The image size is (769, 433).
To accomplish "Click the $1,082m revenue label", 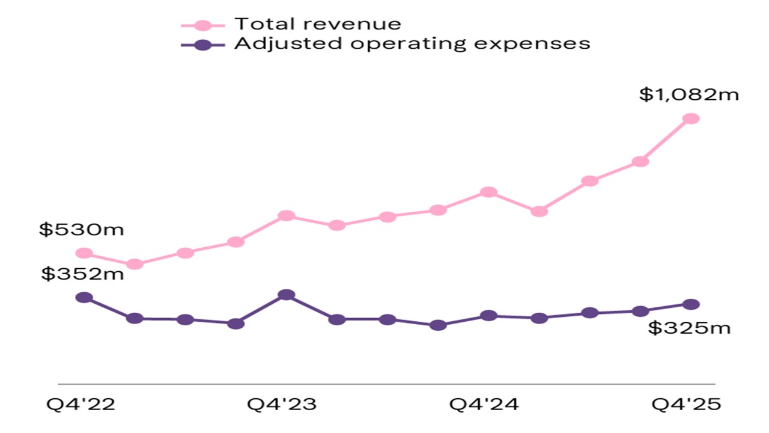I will pos(688,94).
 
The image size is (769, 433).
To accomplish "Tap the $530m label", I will pos(81,230).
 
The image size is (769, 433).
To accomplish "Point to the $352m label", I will pos(82,274).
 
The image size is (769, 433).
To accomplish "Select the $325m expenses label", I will pos(689,328).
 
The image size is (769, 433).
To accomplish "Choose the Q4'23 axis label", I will pos(282,404).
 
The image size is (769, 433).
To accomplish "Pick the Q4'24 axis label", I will pos(484,404).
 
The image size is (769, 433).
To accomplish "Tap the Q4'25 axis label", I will pos(686,404).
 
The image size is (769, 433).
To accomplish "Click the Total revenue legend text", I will pos(317,24).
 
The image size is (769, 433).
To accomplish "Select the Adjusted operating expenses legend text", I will pos(412,43).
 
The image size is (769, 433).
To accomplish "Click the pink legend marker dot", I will pos(203,25).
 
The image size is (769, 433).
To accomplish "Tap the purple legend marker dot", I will pos(203,45).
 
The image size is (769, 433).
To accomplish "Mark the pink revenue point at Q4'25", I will pos(691,118).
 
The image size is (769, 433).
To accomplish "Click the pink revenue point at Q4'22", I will pos(85,253).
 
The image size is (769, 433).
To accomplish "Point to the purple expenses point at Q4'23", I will pos(287,295).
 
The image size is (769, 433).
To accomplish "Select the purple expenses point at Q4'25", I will pos(691,304).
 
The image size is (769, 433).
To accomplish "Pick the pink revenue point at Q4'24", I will pos(489,192).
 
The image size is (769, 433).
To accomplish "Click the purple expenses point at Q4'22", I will pos(85,298).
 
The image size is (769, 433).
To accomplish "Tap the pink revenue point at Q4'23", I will pos(287,216).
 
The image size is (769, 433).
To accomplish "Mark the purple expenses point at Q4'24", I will pos(489,316).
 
